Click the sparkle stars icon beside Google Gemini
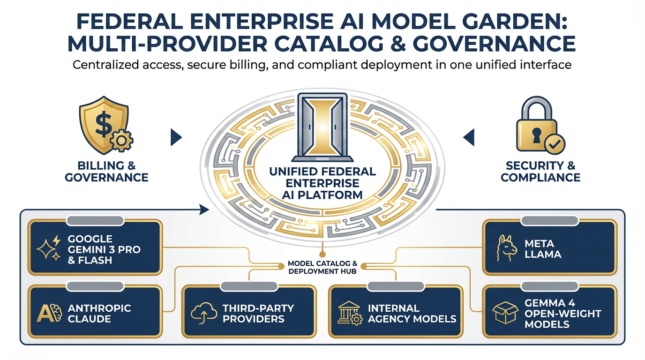pyautogui.click(x=50, y=248)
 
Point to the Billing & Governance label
pyautogui.click(x=106, y=172)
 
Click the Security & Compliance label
pyautogui.click(x=540, y=172)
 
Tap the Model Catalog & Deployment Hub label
pyautogui.click(x=322, y=267)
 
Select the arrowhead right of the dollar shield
pyautogui.click(x=176, y=137)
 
